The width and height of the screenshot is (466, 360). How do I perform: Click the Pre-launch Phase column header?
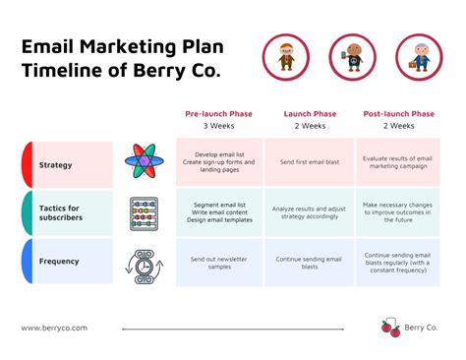(218, 114)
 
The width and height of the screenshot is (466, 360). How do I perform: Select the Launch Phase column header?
(311, 114)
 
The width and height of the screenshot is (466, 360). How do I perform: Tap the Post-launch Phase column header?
(398, 114)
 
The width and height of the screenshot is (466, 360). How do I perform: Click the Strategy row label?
(55, 164)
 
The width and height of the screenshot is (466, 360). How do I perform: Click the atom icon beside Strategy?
(144, 163)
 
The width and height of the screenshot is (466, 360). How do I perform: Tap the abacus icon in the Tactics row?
(144, 213)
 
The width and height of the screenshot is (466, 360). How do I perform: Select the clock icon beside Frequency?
(143, 264)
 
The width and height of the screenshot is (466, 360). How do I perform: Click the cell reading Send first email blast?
(311, 160)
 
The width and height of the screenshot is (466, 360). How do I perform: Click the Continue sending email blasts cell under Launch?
(311, 263)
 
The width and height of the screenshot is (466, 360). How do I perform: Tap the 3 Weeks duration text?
(218, 127)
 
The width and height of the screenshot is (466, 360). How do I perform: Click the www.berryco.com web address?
(55, 329)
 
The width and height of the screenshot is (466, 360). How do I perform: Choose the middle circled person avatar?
(351, 56)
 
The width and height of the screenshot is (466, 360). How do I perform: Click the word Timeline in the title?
(58, 71)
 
